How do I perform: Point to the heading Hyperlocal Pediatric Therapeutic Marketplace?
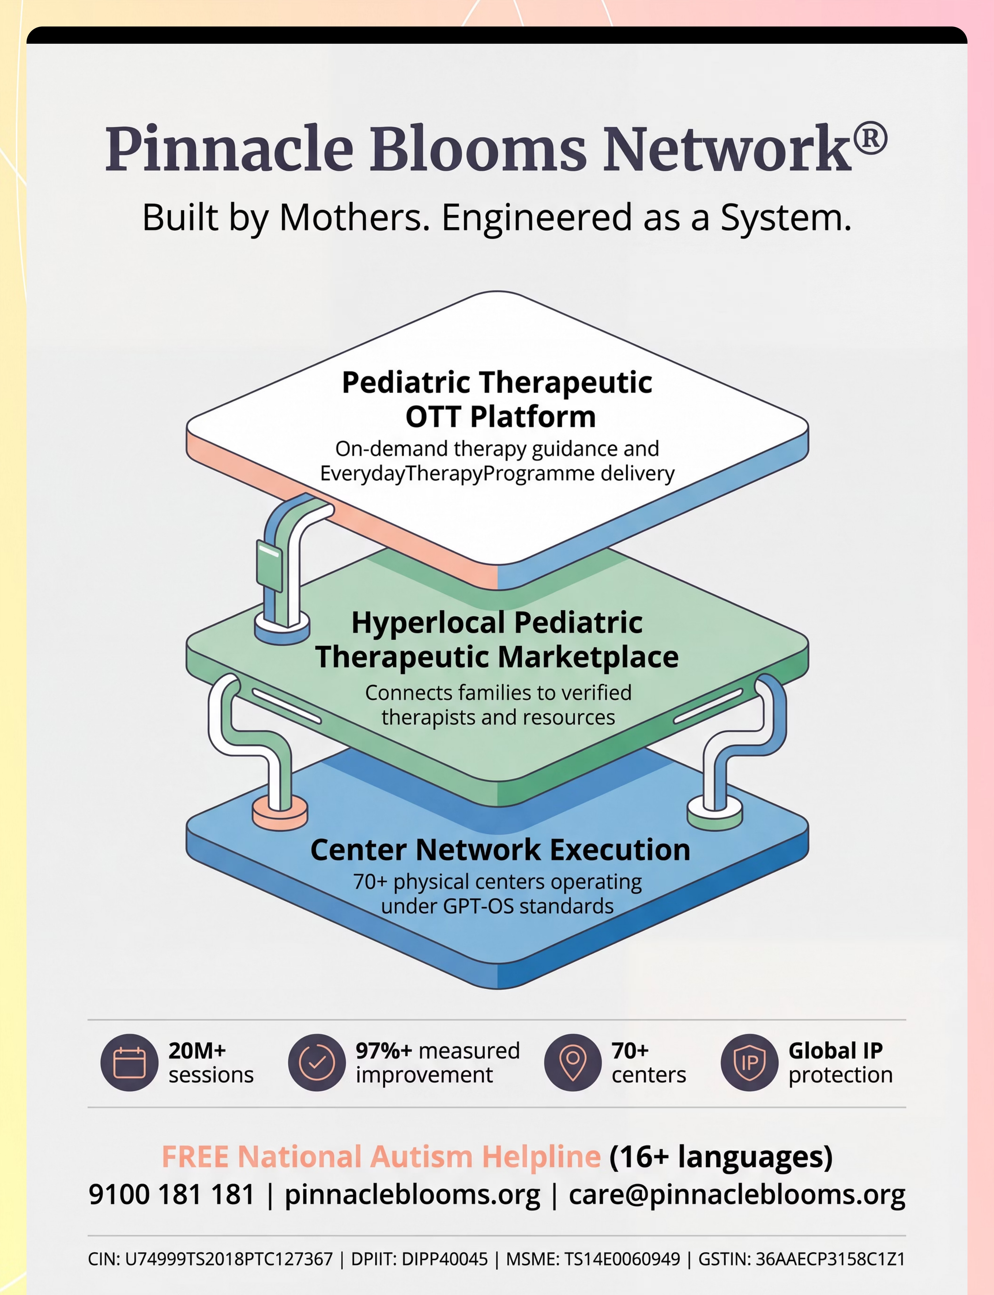[x=497, y=640]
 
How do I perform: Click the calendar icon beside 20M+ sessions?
[x=129, y=1063]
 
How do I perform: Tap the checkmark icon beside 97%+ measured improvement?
[x=316, y=1063]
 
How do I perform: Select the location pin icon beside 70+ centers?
[x=572, y=1063]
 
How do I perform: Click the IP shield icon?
[x=749, y=1063]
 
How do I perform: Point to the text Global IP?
[x=835, y=1051]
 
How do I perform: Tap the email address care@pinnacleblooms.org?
[x=737, y=1195]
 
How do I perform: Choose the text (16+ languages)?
[x=721, y=1157]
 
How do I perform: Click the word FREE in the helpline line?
[x=195, y=1157]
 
